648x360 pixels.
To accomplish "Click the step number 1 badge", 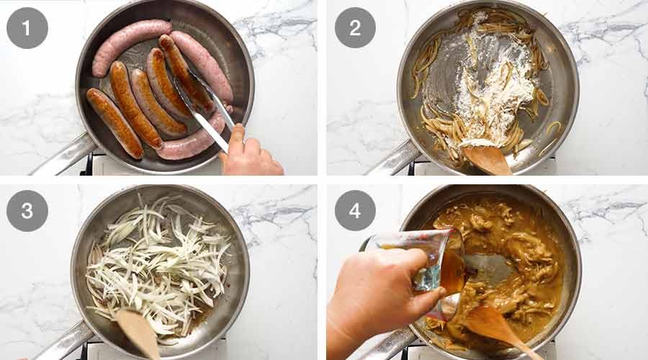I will pos(27,28).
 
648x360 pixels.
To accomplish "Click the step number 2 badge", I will pos(355,28).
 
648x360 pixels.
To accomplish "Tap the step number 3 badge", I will pos(27,211).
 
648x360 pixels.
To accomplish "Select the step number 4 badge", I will pos(355,211).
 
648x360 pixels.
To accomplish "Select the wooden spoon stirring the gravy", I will pos(497,328).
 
